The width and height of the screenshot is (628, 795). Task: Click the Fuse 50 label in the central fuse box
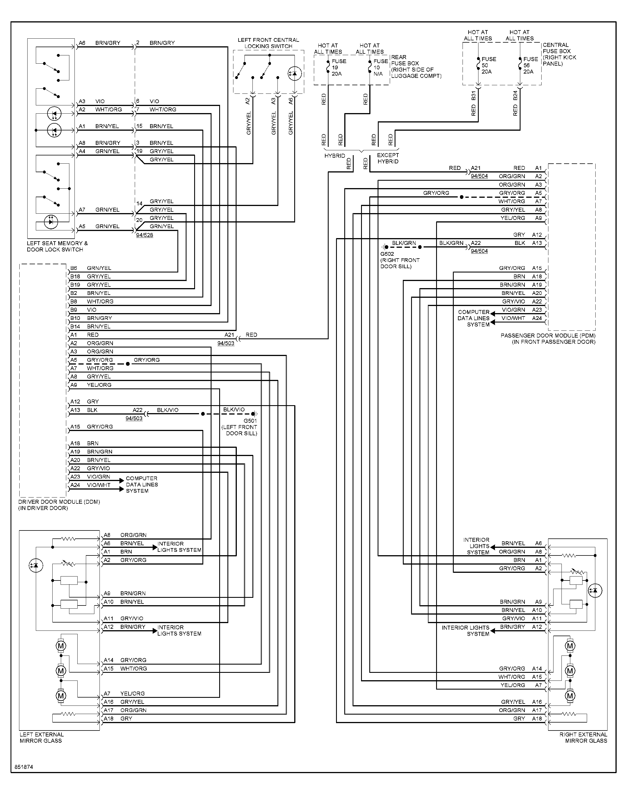pos(489,65)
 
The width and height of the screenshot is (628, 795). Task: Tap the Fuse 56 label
pos(530,65)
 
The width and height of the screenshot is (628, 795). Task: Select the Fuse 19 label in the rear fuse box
pos(339,68)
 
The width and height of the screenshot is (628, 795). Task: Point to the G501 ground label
pos(250,421)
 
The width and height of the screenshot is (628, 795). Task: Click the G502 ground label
pos(387,254)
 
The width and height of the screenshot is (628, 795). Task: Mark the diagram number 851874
pos(24,767)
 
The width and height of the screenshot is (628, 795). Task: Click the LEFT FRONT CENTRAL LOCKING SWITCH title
pos(268,43)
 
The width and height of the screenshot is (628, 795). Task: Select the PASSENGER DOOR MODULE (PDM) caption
pos(548,339)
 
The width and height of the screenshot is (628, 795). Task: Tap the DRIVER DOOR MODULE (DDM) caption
pos(59,505)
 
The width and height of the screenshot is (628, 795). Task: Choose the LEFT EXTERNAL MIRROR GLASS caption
pos(42,737)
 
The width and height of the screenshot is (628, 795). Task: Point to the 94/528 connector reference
pos(144,235)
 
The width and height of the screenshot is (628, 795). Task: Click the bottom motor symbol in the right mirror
pos(570,696)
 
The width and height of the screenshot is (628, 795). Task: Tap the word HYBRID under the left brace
pos(335,156)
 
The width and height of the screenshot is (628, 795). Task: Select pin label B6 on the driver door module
pos(74,268)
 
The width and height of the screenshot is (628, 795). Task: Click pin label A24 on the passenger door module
pos(537,318)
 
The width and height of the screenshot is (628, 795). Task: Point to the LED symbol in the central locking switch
pos(295,74)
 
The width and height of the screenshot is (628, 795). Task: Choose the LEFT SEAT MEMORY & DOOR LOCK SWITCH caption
pos(57,246)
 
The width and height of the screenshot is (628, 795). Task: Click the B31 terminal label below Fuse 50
pos(474,95)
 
